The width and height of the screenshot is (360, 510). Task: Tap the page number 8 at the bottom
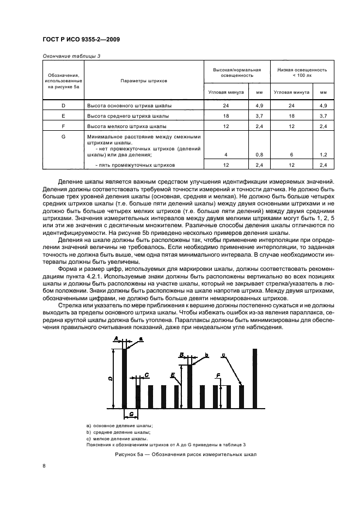[44, 465]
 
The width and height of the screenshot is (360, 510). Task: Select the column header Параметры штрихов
[144, 81]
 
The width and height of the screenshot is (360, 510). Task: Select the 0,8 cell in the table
[259, 155]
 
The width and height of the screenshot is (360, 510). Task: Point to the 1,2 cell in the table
[324, 155]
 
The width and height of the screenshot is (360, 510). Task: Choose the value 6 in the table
[291, 155]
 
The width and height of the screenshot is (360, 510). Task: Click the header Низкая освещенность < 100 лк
[302, 72]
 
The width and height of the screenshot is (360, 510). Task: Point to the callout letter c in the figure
[223, 355]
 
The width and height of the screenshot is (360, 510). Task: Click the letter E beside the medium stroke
[173, 375]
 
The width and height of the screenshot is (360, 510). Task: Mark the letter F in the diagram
[218, 375]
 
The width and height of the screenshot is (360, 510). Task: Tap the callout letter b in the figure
[207, 355]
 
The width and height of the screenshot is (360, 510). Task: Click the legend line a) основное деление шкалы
[119, 425]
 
